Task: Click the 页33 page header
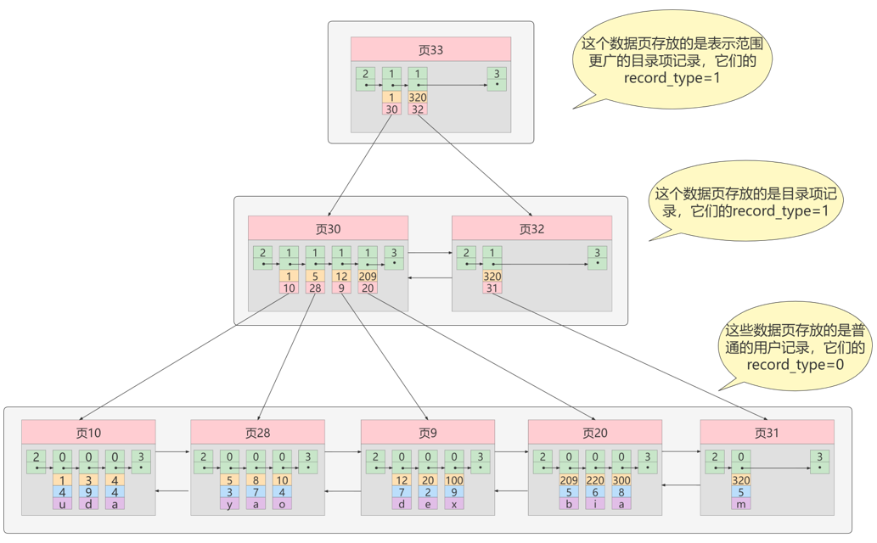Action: pos(430,50)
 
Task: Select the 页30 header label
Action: pos(329,229)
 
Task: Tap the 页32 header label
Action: pos(532,229)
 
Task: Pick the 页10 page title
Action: pos(88,433)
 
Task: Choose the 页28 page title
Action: pos(258,433)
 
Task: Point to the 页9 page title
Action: pos(428,433)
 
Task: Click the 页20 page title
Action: pos(595,433)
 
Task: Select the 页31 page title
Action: pos(767,433)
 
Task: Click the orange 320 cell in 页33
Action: pos(418,98)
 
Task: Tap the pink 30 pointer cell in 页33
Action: pos(391,109)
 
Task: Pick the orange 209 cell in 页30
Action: pos(368,277)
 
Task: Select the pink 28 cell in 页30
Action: pos(315,288)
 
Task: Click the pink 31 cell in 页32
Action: pos(492,288)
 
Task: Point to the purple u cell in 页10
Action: pos(62,505)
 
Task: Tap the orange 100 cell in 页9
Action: pos(454,480)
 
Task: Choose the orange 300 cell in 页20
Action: pos(621,480)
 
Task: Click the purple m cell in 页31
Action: pos(741,505)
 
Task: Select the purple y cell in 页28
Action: pos(229,505)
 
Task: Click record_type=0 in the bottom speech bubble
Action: pos(795,365)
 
